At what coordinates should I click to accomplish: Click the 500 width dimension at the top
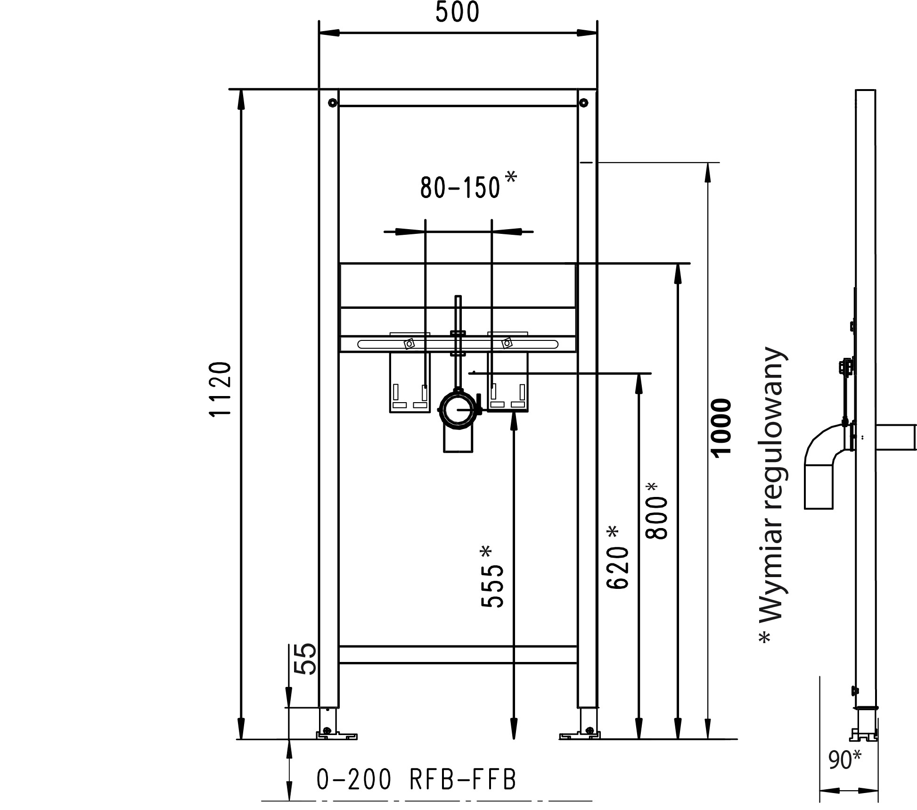457,13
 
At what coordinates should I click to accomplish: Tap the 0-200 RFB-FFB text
417,779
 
